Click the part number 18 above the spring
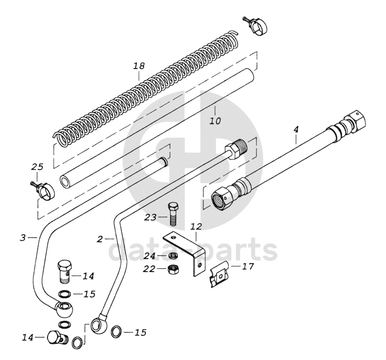(x=138, y=66)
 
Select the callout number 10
(x=215, y=121)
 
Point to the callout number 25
(x=36, y=168)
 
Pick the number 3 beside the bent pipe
(x=22, y=238)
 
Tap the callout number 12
(x=196, y=228)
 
